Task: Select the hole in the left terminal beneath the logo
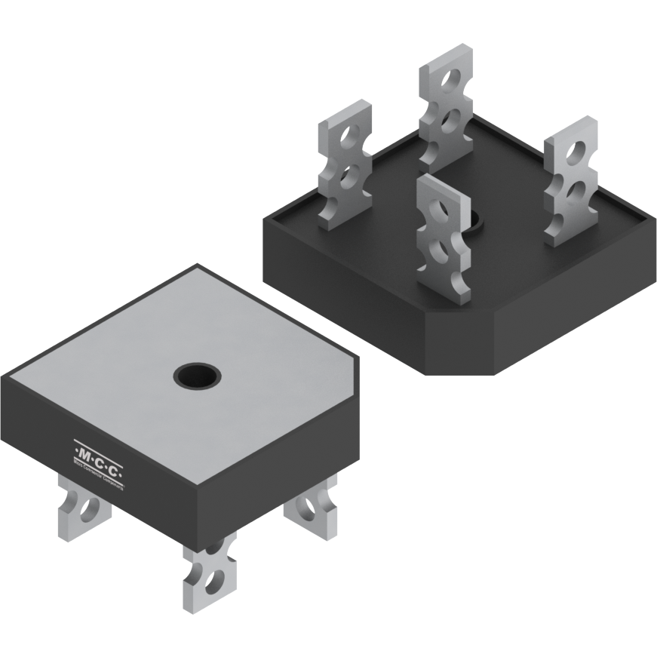[x=90, y=510]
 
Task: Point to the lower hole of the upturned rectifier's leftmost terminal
[x=348, y=175]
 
